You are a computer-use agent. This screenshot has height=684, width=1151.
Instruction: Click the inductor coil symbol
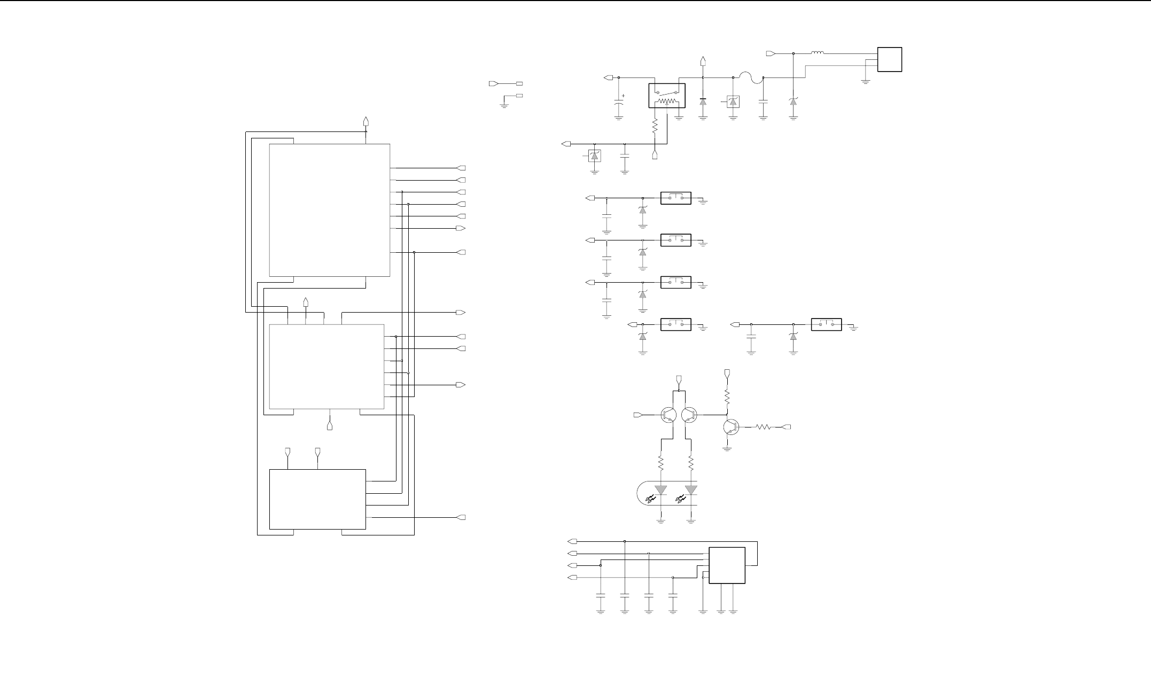[818, 53]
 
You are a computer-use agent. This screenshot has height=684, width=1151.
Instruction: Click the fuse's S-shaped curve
[748, 77]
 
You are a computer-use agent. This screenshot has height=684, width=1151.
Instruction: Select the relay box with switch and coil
[666, 96]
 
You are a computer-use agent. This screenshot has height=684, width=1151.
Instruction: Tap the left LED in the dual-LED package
[661, 489]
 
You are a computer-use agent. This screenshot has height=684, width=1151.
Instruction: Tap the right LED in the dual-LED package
[691, 489]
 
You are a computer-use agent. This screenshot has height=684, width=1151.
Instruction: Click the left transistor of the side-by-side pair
[667, 415]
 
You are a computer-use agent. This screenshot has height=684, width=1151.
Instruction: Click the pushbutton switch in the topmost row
[676, 198]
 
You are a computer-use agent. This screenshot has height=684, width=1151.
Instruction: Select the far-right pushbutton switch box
[826, 324]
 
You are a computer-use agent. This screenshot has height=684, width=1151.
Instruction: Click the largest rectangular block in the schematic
[329, 210]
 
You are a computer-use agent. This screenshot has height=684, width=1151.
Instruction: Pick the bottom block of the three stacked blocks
[317, 499]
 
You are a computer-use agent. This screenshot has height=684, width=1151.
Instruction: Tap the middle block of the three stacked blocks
[326, 366]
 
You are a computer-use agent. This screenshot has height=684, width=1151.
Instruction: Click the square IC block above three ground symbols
[727, 565]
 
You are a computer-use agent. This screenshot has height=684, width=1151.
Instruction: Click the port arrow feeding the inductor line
[771, 53]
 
